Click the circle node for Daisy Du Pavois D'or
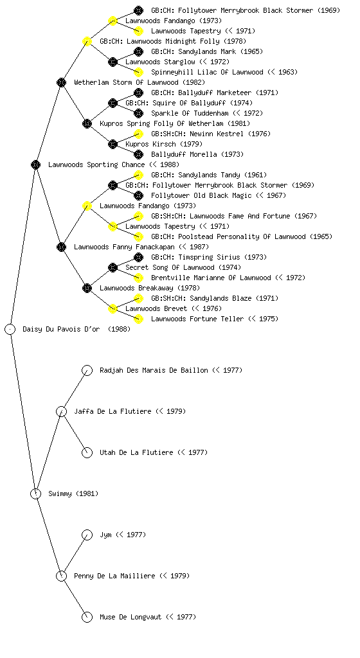(x=10, y=329)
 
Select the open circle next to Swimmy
(x=35, y=493)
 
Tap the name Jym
(x=105, y=535)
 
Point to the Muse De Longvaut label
(x=130, y=617)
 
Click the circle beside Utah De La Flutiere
(x=87, y=452)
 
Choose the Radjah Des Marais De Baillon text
(x=154, y=370)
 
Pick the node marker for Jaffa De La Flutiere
(x=61, y=411)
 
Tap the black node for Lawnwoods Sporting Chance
(x=35, y=164)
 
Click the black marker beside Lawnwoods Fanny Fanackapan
(x=61, y=247)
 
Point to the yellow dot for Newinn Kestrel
(x=138, y=134)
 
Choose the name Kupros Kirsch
(x=150, y=144)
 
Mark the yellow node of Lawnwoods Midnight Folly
(x=87, y=41)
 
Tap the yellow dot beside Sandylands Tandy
(x=138, y=175)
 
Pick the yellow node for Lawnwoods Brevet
(x=113, y=308)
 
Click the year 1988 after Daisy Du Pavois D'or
(x=119, y=329)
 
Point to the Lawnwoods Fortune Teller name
(x=197, y=319)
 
